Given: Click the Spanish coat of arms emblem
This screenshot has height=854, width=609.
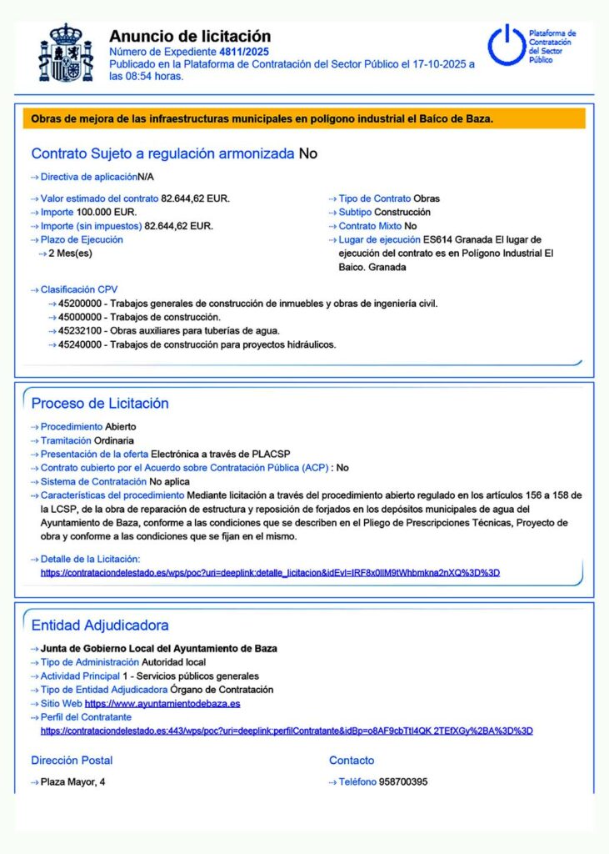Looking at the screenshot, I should click(x=67, y=53).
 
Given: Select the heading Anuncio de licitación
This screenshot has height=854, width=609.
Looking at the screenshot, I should click(x=190, y=36).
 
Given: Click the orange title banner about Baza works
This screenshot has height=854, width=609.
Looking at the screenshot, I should click(x=304, y=118).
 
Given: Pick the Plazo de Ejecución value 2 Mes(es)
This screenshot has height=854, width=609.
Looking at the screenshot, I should click(x=70, y=253).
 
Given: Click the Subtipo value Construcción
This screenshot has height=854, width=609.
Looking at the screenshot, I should click(x=402, y=212).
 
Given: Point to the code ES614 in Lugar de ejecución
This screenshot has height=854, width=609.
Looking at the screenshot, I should click(x=437, y=239).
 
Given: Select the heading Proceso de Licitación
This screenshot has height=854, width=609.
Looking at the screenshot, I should click(x=100, y=404).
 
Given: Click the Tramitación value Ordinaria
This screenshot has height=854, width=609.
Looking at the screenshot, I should click(x=113, y=440).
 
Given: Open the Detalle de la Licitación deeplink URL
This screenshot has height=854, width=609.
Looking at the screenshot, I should click(x=270, y=573).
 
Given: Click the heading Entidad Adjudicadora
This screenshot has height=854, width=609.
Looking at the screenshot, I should click(x=100, y=625).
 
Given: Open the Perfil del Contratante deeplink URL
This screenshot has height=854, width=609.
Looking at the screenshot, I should click(x=287, y=731).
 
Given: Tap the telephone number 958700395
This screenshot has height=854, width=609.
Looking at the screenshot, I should click(x=403, y=781).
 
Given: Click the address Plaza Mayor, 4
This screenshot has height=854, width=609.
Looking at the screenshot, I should click(x=73, y=781).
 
